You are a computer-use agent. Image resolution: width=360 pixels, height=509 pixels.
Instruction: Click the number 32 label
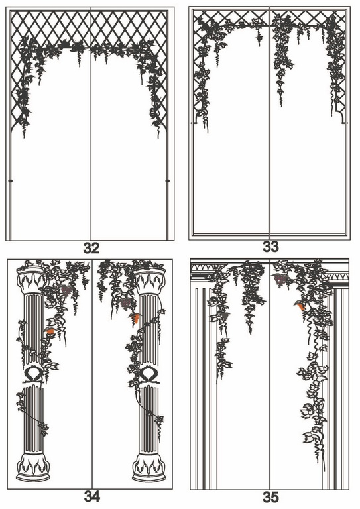pos(91,248)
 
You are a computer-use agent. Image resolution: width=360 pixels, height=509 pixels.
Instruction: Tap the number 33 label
pos(270,247)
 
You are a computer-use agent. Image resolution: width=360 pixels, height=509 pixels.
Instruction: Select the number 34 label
pos(92,496)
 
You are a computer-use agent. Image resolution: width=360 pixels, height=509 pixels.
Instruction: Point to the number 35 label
pos(270,497)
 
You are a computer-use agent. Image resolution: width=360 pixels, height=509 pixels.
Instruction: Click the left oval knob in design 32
pos(11,180)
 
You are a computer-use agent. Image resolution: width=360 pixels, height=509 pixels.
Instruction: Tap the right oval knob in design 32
pos(168,180)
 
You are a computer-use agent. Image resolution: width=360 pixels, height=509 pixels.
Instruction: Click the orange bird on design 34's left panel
pos(49,331)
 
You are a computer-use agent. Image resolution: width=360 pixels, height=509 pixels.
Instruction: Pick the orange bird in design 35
pos(300,306)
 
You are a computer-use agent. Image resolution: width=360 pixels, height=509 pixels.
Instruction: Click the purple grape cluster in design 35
pos(280,280)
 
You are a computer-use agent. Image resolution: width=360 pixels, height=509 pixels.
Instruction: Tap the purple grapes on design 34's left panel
pos(66,290)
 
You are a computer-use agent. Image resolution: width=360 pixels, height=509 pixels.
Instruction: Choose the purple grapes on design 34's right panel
pos(126,304)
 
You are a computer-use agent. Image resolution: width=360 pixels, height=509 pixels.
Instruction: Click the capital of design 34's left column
pos(32,280)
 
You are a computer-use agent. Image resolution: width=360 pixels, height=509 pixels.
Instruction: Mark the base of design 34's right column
pos(149,467)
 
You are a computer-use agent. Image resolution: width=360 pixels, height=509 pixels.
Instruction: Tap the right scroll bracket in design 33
pos(343,117)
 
